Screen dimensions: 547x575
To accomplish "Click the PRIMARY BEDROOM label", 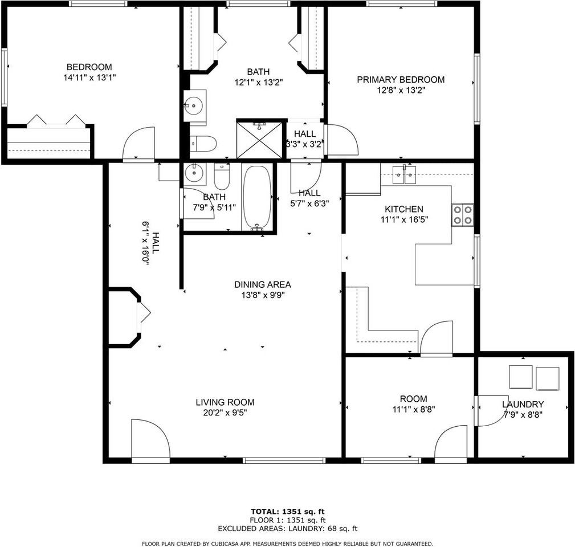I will click(400, 80).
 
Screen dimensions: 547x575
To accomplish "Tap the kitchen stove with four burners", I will click(462, 215).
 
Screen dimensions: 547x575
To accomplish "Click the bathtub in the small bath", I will click(257, 197).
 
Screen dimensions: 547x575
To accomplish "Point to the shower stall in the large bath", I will click(260, 139).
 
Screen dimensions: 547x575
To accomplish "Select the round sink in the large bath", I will click(194, 106).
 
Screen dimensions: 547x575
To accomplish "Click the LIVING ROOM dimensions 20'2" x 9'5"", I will click(225, 413).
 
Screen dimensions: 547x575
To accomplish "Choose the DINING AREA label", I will click(263, 284).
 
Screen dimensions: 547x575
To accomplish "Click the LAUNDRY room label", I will click(523, 405).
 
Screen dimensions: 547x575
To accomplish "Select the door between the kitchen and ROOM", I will click(437, 338).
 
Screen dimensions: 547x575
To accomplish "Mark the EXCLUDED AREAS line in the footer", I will click(288, 529).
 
